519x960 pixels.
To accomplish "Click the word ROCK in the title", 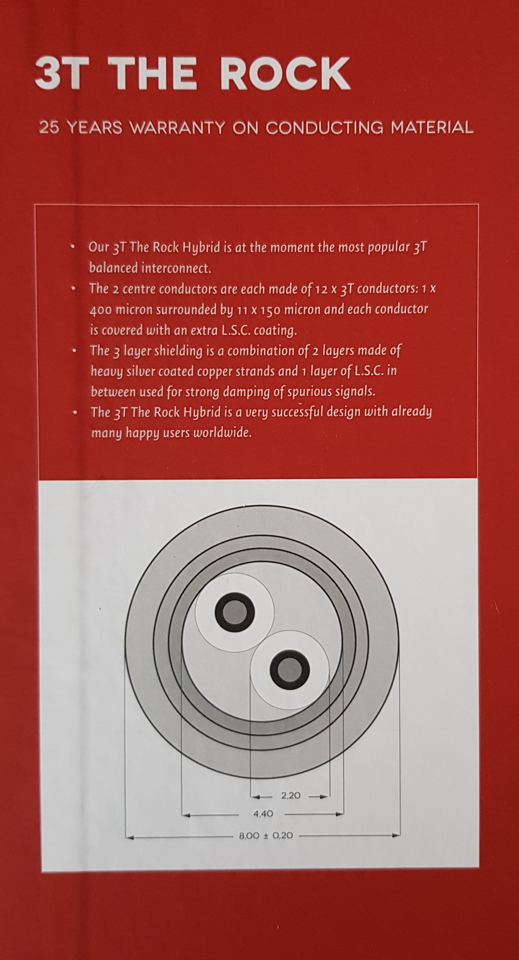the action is coord(285,74).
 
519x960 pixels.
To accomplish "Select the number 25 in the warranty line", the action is coord(49,128).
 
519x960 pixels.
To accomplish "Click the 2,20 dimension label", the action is coord(291,795).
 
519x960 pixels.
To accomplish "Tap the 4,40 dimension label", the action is coord(263,814).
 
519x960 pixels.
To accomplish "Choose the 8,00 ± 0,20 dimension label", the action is coord(266,835).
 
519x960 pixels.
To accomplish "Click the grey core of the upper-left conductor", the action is coord(234,612).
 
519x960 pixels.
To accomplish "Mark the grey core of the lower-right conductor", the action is coord(290,670).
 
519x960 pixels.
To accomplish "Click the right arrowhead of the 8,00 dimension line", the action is coord(396,835).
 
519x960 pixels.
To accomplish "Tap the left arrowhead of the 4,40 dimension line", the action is coord(186,815).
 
